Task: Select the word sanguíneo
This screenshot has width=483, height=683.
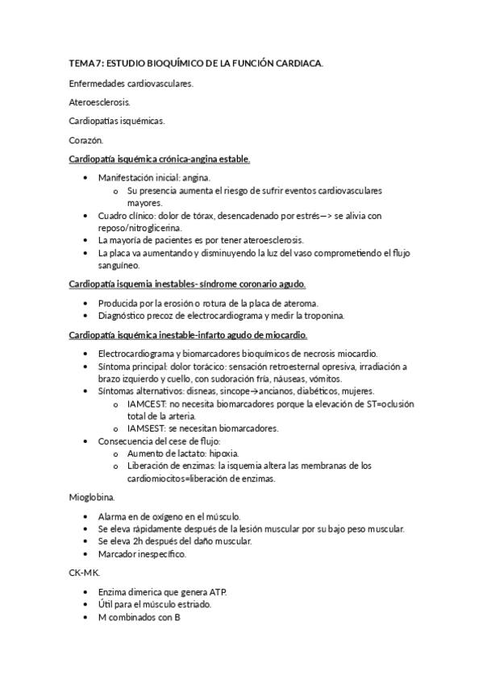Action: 119,265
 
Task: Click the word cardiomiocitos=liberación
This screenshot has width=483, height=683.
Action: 181,478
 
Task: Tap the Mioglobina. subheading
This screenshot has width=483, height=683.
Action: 92,497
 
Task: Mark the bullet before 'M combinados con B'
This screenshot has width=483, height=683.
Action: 85,617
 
